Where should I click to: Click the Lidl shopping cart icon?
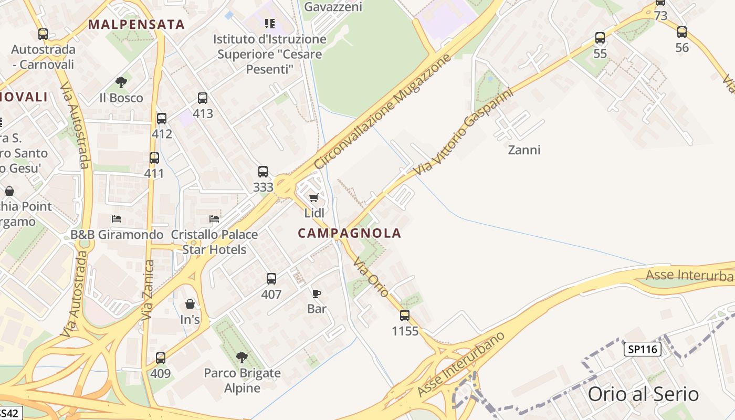point(313,197)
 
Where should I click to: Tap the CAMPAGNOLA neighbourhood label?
point(350,233)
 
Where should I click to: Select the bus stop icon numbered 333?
point(263,171)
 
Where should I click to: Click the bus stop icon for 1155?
point(405,315)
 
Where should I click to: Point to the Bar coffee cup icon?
point(316,293)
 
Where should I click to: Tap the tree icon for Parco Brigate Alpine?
point(242,358)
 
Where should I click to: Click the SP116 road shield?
point(643,349)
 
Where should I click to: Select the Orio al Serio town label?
point(643,394)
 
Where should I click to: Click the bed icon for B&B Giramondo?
point(117,218)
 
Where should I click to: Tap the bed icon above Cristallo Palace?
point(214,218)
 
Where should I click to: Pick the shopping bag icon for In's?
point(190,304)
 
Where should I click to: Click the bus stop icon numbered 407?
point(271,278)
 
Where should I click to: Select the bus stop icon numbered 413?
point(203,98)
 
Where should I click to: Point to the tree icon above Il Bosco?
point(121,82)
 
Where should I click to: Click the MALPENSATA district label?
point(136,24)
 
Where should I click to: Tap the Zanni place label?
point(524,150)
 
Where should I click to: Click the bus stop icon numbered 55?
point(600,37)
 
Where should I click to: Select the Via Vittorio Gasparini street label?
point(462,132)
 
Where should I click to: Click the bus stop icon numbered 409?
point(161,358)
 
